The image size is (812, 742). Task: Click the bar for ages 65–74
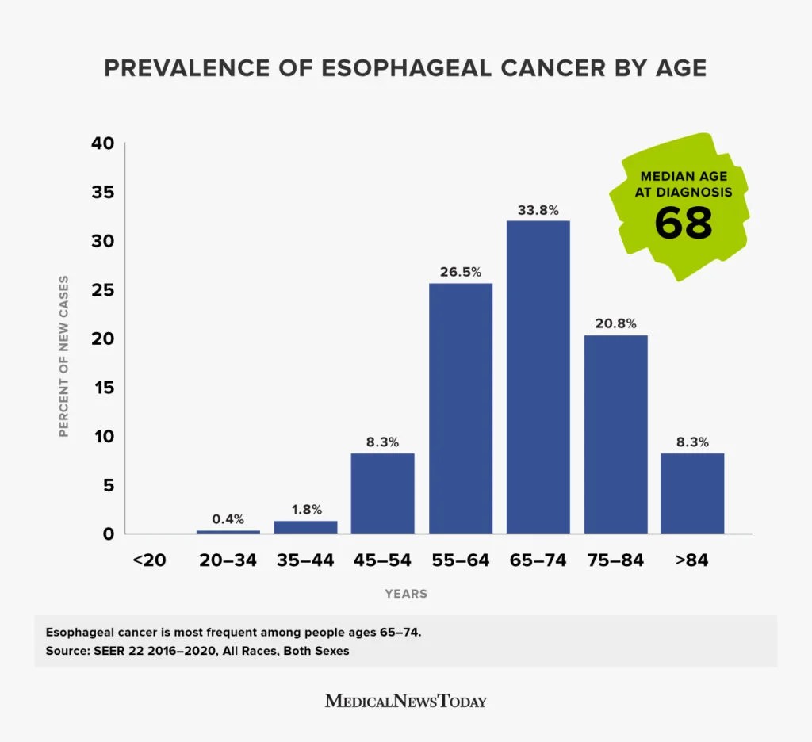click(x=538, y=377)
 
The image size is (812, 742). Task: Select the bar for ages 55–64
click(x=461, y=408)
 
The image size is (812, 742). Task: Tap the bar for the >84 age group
click(x=692, y=493)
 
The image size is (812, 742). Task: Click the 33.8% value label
click(x=538, y=211)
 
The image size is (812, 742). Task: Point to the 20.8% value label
click(x=616, y=323)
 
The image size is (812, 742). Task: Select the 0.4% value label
click(x=228, y=520)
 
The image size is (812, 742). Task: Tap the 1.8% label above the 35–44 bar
click(x=305, y=510)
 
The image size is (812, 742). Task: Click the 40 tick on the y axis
click(x=107, y=143)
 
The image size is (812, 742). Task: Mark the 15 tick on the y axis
click(x=107, y=388)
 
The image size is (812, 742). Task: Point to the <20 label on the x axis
click(x=150, y=560)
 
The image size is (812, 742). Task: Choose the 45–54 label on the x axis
click(x=383, y=560)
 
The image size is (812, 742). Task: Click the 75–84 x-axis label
click(x=616, y=560)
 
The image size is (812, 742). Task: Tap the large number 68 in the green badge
click(x=683, y=223)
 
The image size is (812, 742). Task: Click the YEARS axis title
click(x=406, y=594)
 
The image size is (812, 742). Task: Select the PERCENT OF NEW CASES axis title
click(x=64, y=356)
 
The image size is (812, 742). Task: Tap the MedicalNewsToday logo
click(x=406, y=701)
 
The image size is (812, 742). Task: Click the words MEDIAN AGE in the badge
click(x=683, y=176)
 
